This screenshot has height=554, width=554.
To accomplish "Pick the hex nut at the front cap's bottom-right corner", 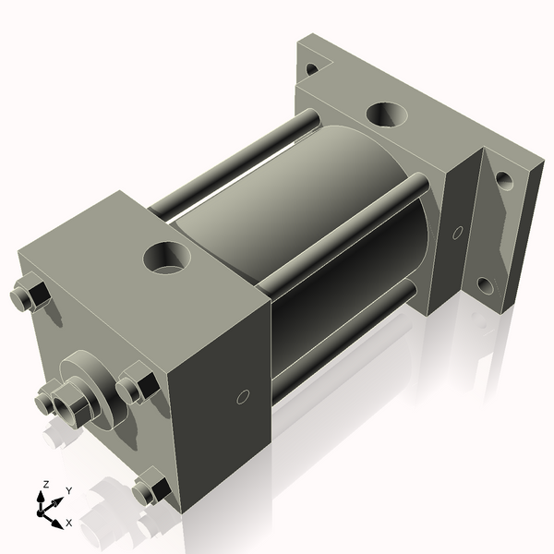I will pos(150,488).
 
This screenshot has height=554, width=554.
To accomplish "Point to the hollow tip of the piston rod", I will pos(66,403).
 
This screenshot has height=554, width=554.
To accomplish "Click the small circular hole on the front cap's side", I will pos(243,397).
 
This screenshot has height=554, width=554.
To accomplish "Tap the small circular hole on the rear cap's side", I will pos(457,232).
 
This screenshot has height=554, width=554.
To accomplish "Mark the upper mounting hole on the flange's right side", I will pos(503,180).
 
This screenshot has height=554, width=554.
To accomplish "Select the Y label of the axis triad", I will pos(68,492).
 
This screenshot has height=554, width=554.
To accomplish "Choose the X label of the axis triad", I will pos(69,523).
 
